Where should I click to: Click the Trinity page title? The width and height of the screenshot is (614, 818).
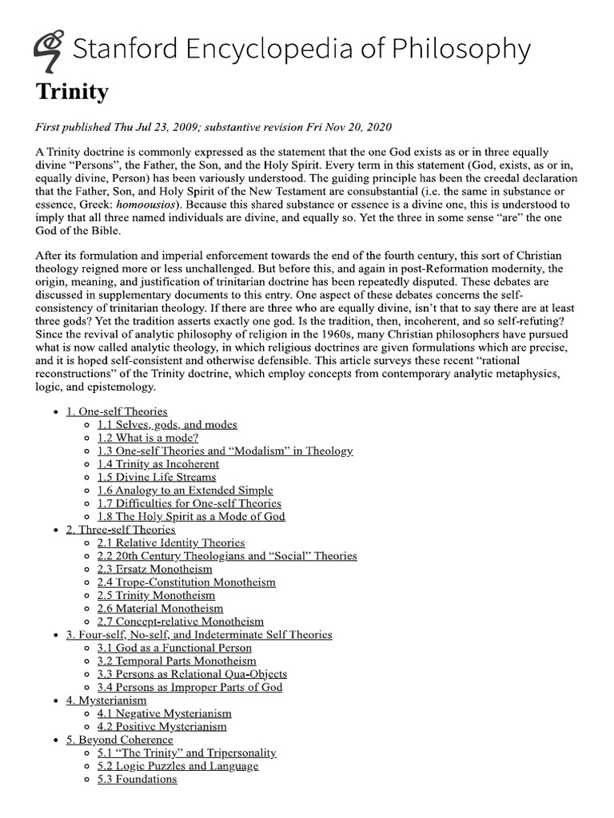[72, 93]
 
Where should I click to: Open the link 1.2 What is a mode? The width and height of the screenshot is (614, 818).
[148, 438]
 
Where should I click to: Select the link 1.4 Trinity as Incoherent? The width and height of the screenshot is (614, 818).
[157, 464]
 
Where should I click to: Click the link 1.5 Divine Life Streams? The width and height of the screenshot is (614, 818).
[157, 477]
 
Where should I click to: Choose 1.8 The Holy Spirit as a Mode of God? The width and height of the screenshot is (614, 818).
[191, 516]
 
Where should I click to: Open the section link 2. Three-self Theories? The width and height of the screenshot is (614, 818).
[121, 530]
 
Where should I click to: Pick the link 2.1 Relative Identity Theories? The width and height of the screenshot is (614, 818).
[171, 542]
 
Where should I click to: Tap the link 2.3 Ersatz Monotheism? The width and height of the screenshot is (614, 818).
[155, 569]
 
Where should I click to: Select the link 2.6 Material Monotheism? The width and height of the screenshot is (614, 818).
[161, 608]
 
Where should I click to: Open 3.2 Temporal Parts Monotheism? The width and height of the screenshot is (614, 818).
[177, 661]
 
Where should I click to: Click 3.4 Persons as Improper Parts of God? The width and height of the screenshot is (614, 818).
[189, 687]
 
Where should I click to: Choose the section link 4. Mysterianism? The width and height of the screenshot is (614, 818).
[106, 700]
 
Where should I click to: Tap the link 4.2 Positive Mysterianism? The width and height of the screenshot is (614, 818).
[162, 726]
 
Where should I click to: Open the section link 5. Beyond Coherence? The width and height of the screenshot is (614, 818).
[120, 740]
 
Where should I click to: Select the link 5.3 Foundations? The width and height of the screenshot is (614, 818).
[137, 779]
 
